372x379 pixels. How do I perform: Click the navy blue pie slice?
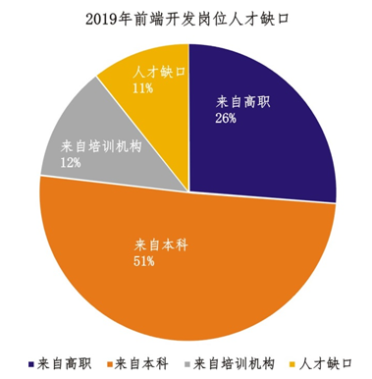(265, 147)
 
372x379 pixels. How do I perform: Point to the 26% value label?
(225, 120)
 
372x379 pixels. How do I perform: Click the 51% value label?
(143, 261)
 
